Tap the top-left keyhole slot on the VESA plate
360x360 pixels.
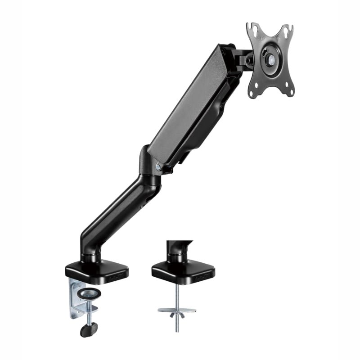click(x=254, y=31)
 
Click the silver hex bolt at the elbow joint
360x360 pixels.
click(x=158, y=167)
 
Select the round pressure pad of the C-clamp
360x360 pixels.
click(x=89, y=293)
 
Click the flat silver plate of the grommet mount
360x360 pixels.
click(x=177, y=310)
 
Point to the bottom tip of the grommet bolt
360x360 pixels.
click(x=177, y=331)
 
